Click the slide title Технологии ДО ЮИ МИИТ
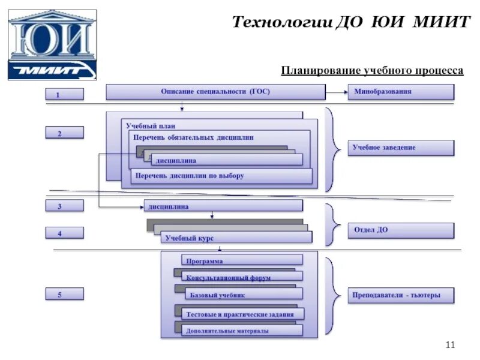click(x=351, y=23)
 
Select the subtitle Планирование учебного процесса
click(x=372, y=71)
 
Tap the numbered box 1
click(x=65, y=94)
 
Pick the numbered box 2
click(x=65, y=133)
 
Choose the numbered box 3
click(x=65, y=206)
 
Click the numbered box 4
click(x=65, y=233)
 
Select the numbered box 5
click(x=65, y=294)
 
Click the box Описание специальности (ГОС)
click(x=215, y=92)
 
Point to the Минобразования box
click(x=401, y=92)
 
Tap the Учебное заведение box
click(x=401, y=148)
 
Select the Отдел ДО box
click(x=401, y=230)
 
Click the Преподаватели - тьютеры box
click(x=401, y=295)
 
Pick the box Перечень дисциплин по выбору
click(x=222, y=176)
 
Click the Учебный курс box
click(x=236, y=238)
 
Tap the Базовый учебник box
click(x=244, y=295)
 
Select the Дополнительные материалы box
click(x=242, y=330)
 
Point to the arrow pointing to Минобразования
click(x=337, y=92)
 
